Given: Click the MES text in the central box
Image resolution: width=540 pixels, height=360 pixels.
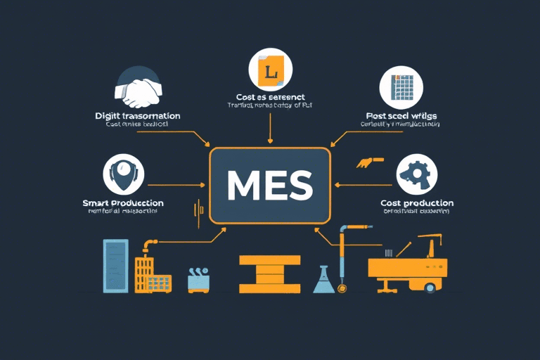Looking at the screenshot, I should [270, 185].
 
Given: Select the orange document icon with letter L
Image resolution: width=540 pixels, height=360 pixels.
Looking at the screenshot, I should [269, 70].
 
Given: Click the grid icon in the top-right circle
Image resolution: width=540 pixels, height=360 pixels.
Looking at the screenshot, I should [400, 88].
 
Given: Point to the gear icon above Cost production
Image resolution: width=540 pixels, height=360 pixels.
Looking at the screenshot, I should [417, 174].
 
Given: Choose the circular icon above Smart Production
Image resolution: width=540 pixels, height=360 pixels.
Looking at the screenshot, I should [124, 174].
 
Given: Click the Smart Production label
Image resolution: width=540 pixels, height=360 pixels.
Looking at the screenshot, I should [123, 203].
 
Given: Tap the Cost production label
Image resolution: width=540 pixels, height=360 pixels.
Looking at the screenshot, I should [417, 203].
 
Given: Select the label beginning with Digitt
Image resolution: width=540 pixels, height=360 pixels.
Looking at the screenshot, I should [138, 115].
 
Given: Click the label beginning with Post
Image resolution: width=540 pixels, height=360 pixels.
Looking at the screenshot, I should [401, 115].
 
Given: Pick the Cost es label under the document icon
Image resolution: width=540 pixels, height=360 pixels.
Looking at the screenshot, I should [270, 96].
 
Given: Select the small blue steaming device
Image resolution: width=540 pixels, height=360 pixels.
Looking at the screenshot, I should [199, 279].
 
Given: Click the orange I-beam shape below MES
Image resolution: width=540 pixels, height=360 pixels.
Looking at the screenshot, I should [269, 274].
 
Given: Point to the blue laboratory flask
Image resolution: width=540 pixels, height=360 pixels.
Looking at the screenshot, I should [323, 279].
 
